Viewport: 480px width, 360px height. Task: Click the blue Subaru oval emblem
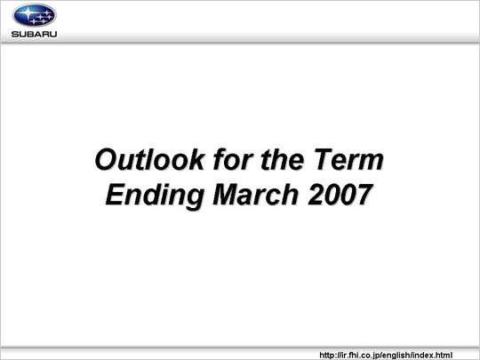coord(34,15)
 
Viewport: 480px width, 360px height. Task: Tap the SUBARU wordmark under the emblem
coord(34,34)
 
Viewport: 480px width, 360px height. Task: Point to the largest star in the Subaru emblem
coord(28,12)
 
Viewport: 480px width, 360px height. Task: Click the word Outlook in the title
coord(149,159)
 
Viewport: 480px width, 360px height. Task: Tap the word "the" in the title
coord(283,159)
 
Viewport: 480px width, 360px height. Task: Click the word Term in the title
coord(348,159)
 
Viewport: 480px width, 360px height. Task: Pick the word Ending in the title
coord(155,196)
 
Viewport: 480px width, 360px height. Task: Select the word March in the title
coord(256,195)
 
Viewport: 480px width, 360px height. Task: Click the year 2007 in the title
coord(340,195)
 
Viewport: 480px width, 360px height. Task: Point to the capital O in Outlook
coord(107,159)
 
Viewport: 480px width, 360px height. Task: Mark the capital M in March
coord(227,195)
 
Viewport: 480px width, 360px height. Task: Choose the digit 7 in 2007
coord(364,195)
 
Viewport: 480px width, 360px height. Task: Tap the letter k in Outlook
coord(195,159)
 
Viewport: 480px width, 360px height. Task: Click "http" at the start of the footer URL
coord(326,355)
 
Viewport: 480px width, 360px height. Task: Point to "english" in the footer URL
coord(397,356)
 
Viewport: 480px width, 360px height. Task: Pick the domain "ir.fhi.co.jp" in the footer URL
coord(360,356)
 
